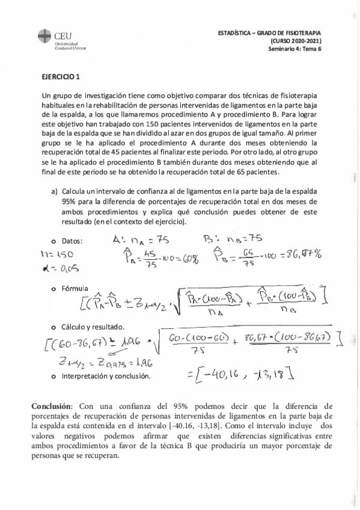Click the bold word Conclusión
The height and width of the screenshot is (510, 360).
(51, 407)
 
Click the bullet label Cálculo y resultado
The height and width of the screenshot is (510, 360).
(97, 326)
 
